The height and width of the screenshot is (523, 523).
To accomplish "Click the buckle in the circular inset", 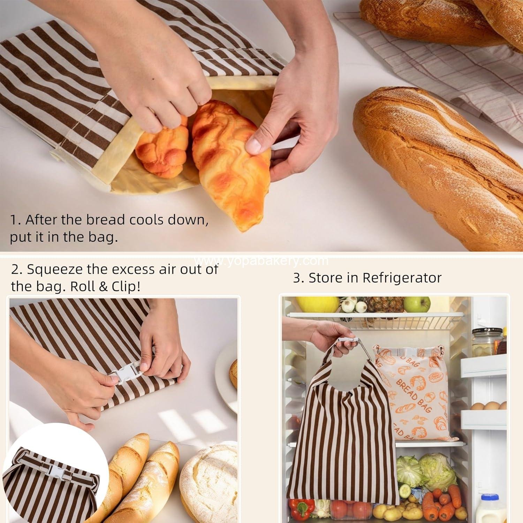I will point(54,469).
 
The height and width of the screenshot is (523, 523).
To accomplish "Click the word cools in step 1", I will point(146,220).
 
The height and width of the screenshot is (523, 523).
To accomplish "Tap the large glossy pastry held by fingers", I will point(230,160).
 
